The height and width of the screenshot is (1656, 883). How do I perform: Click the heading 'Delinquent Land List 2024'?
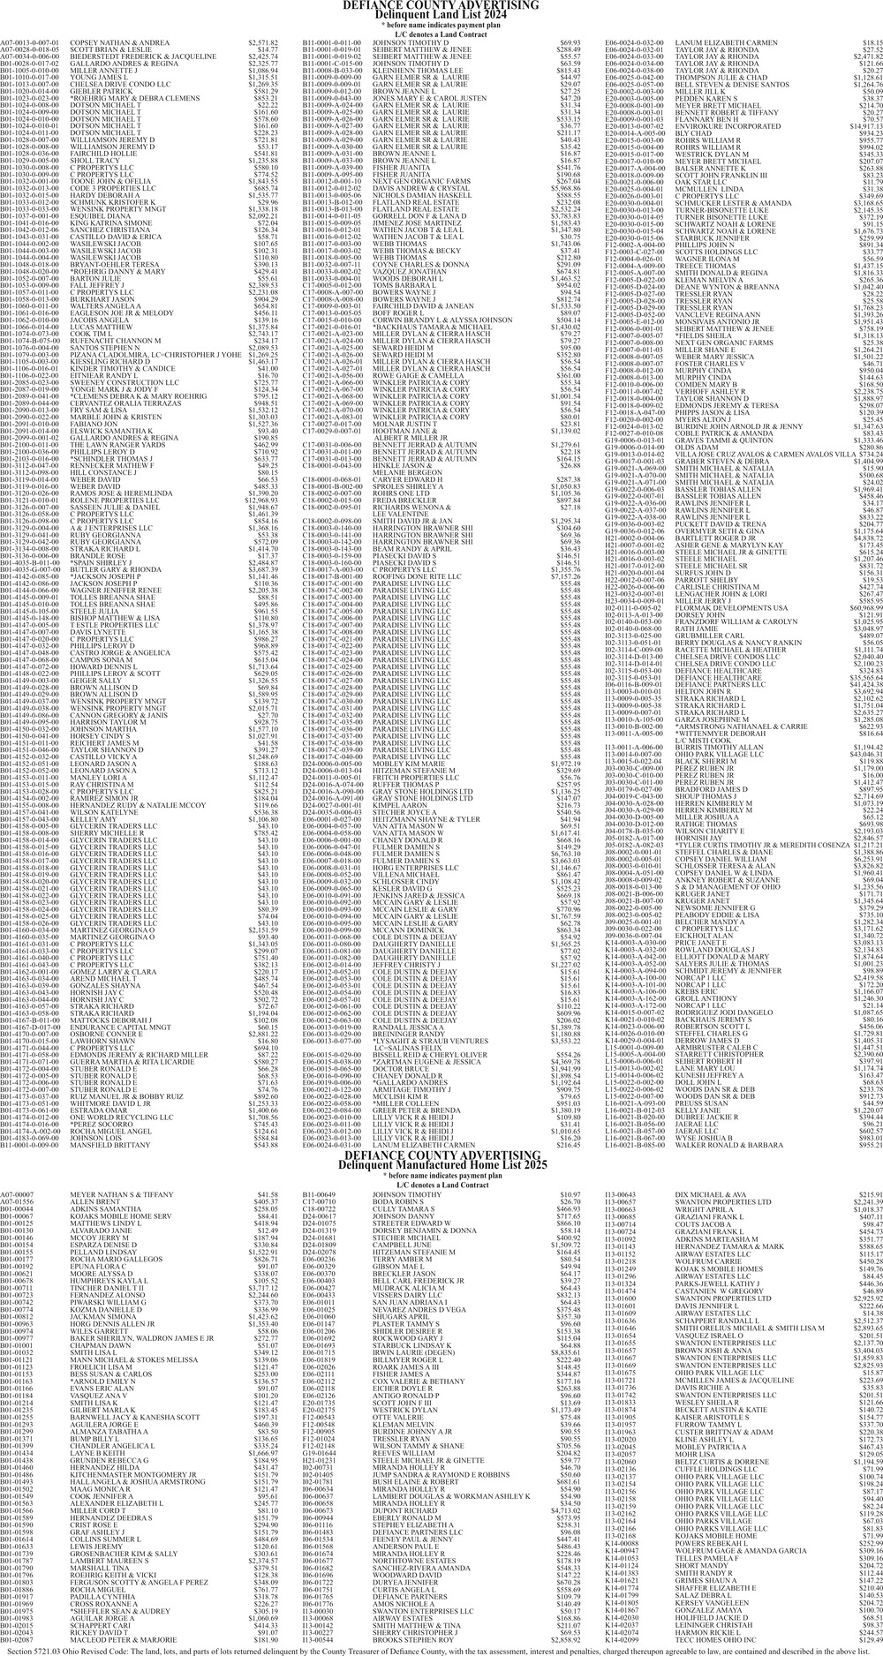coord(441,15)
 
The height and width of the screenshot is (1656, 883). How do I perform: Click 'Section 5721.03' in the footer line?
coord(27,1649)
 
